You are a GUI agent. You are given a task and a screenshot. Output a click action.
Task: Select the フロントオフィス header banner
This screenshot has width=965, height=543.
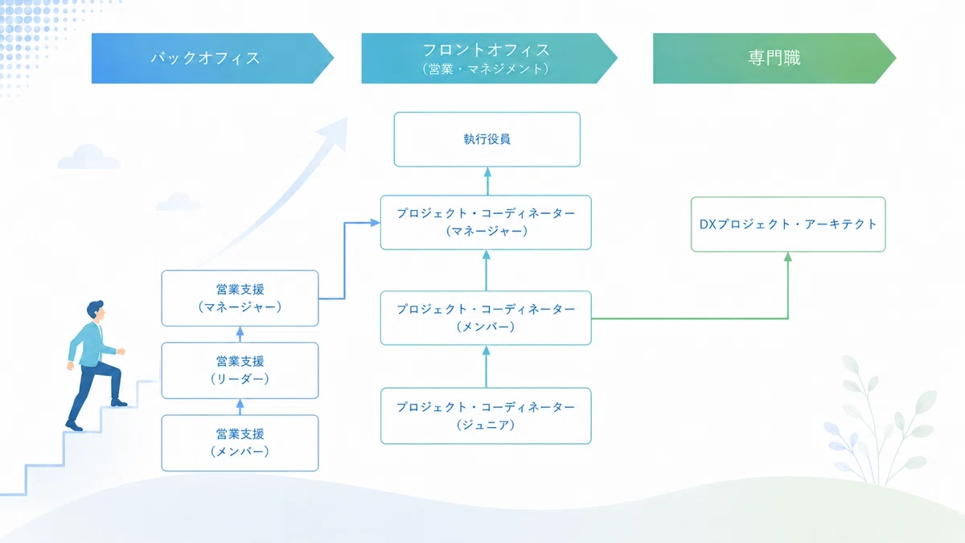pos(490,58)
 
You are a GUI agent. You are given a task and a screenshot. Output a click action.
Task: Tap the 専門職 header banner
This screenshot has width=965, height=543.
pos(774,58)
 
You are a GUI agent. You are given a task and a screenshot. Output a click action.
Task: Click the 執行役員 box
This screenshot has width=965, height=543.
pos(487,139)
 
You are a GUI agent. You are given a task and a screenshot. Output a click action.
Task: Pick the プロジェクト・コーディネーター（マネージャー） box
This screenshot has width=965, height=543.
pos(486,222)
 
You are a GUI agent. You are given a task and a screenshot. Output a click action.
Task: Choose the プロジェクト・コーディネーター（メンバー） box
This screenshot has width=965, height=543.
pos(486,318)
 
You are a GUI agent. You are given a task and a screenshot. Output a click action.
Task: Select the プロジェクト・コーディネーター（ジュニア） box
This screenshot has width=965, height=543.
pos(486,416)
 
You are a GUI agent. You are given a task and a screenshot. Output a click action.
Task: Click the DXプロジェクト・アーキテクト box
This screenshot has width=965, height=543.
pos(788,224)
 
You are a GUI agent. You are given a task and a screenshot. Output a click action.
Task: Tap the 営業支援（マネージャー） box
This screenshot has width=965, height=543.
pos(240,298)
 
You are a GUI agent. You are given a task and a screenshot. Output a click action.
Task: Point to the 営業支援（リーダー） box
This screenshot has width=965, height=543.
pos(240,371)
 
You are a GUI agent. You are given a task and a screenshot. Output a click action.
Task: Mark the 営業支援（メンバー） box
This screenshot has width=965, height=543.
pos(240,443)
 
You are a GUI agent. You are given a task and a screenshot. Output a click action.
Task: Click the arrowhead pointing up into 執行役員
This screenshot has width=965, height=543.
pos(487,172)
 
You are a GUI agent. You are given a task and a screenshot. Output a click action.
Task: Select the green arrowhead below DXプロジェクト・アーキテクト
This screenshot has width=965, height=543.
pos(788,257)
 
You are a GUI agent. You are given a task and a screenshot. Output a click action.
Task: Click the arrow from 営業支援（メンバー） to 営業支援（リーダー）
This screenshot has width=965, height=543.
pos(240,407)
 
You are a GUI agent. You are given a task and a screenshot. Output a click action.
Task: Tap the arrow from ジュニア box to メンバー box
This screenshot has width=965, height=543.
pos(487,367)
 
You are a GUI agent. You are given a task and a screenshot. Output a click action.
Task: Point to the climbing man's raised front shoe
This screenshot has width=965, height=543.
pos(119,403)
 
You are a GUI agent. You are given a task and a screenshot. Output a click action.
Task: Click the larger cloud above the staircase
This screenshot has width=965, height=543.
pos(88,157)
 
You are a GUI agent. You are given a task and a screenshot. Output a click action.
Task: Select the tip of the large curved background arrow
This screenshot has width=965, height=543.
pos(347,117)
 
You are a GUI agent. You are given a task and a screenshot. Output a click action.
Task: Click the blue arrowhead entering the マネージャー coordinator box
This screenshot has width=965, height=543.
pos(376,223)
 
